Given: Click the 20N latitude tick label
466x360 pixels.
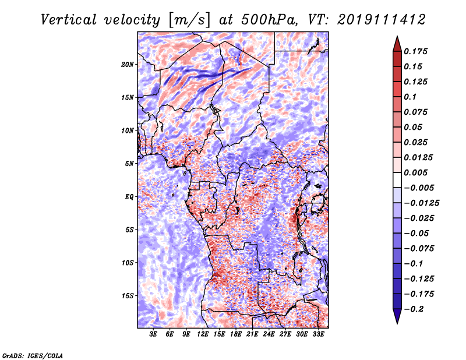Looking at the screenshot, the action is [128, 65].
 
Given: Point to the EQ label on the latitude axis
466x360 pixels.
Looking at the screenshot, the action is [129, 197].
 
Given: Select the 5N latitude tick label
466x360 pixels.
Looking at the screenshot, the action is [129, 164].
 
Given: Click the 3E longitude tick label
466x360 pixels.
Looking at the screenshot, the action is [153, 334].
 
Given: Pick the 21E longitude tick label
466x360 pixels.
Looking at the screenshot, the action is [252, 334].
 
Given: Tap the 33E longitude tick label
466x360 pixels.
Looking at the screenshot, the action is [318, 334].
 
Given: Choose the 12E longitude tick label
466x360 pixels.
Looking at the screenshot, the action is [202, 334].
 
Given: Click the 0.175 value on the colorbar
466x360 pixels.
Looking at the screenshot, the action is [415, 51].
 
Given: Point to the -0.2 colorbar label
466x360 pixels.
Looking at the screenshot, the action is [414, 309].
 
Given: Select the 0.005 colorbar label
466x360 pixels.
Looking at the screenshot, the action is [415, 172].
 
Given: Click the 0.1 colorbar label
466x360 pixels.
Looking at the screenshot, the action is [410, 97].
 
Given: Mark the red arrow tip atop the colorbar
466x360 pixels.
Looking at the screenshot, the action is [397, 37].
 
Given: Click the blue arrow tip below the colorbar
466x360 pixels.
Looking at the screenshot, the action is [397, 323].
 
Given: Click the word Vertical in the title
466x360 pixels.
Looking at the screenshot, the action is [68, 20].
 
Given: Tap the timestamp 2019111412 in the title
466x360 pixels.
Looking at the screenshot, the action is [382, 20].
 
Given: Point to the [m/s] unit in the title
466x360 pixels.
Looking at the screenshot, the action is [189, 20].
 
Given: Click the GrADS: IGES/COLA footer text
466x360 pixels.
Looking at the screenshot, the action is [33, 355].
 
